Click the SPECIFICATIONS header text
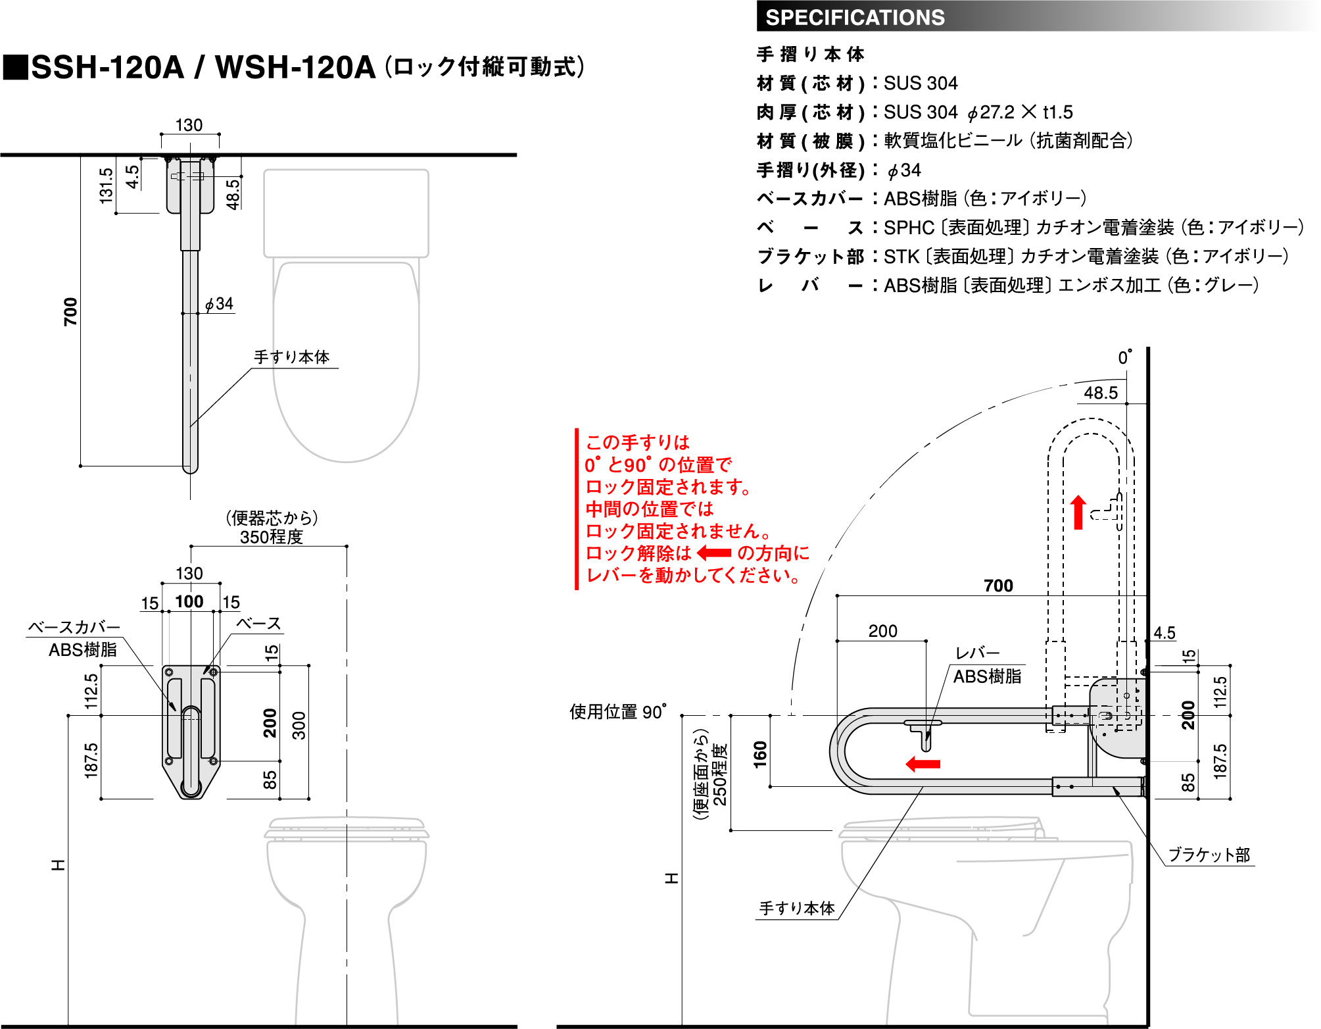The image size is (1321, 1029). coord(855,17)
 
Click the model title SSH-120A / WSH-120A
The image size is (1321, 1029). coord(203,67)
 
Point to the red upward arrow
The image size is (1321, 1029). coord(1078,513)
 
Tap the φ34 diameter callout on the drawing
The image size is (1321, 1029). coord(220,304)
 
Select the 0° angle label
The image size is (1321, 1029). coord(1125,357)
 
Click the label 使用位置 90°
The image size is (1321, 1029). coord(617,712)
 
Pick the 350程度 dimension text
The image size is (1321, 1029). coord(271,537)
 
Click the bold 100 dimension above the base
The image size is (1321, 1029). coord(189,601)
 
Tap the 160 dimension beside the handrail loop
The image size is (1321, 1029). coord(760,754)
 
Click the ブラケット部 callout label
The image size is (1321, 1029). coord(1209,855)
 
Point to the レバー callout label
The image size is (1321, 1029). coord(977,653)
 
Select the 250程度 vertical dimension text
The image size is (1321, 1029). coord(720,775)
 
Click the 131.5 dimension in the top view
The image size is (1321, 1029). coord(107,185)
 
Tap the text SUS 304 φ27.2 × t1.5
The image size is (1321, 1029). coord(978,113)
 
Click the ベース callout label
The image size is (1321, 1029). coord(258,624)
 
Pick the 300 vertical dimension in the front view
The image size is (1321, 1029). coord(299,725)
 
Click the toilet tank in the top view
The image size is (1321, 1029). coord(346,213)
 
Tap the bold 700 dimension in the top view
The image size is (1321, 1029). coord(70,311)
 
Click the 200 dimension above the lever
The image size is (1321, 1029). coord(882,631)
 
